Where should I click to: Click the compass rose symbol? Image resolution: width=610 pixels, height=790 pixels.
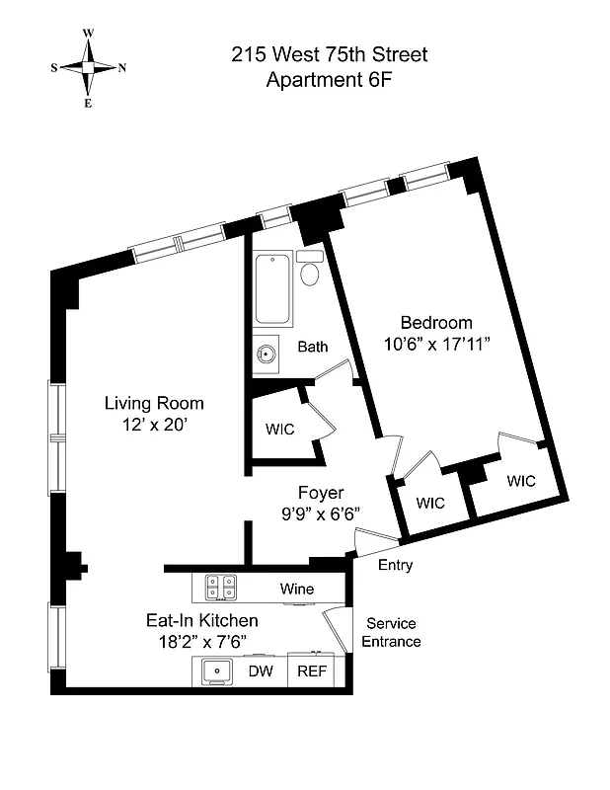point(88,67)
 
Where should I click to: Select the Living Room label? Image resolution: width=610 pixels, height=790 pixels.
point(155,403)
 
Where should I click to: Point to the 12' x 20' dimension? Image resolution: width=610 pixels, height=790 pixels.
point(155,425)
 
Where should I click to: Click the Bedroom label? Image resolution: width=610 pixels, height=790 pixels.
point(435,322)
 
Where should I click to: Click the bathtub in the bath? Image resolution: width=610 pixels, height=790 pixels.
point(273,289)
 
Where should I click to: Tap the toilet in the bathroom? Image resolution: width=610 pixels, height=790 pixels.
point(310,269)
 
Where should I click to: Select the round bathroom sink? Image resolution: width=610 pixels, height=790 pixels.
point(265,354)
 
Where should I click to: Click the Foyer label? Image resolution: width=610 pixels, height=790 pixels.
point(321,492)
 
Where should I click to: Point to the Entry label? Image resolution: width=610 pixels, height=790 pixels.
point(395,566)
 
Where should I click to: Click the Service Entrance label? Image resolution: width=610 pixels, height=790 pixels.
point(393,633)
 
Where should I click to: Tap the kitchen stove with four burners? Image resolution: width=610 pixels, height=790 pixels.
point(220,588)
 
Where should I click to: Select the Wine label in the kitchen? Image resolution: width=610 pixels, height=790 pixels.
point(296,590)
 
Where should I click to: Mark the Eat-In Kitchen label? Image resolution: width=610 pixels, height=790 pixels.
point(201,621)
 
